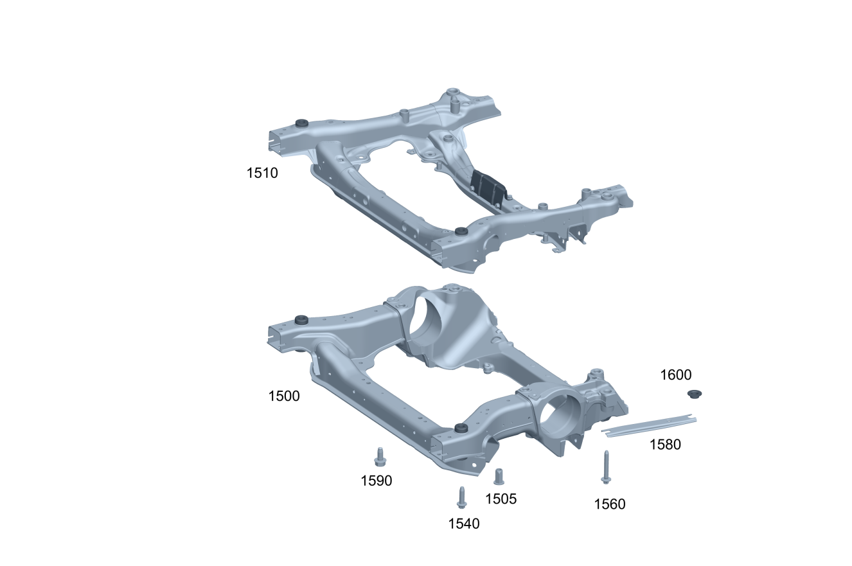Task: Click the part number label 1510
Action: pyautogui.click(x=262, y=173)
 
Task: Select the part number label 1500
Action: pyautogui.click(x=284, y=396)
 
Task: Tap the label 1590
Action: pyautogui.click(x=376, y=481)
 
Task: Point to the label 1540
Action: pyautogui.click(x=464, y=524)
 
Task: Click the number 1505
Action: pyautogui.click(x=501, y=499)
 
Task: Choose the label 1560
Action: pyautogui.click(x=610, y=504)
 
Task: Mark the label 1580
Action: pyautogui.click(x=665, y=445)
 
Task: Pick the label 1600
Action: pyautogui.click(x=675, y=375)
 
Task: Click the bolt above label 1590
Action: pyautogui.click(x=380, y=456)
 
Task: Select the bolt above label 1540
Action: pyautogui.click(x=461, y=497)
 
